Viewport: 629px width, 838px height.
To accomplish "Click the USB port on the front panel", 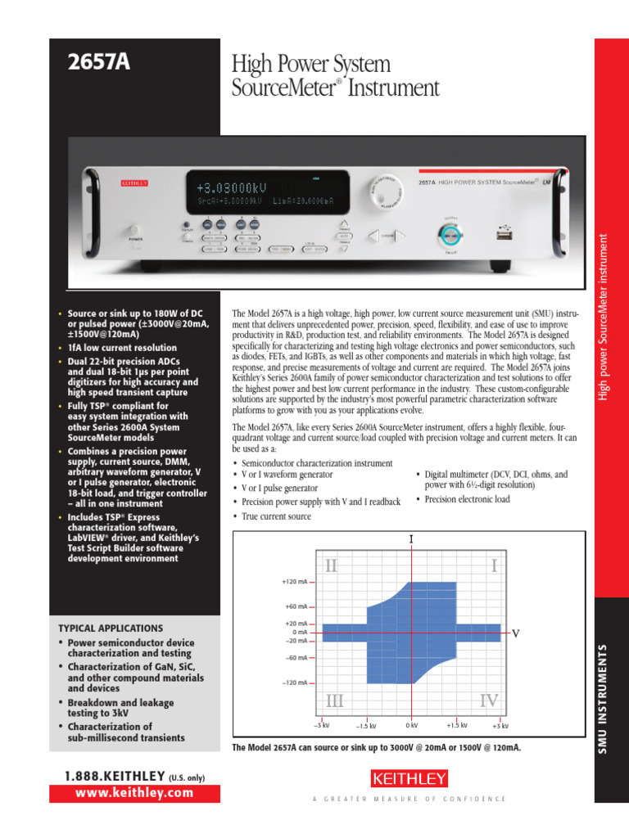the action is click(x=504, y=234).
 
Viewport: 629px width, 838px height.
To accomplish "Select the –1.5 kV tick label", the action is click(x=366, y=726).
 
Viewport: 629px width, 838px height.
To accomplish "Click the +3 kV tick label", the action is click(x=500, y=726).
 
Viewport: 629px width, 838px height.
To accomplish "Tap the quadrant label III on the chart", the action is click(x=334, y=701).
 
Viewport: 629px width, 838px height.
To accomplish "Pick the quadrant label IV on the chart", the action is click(x=488, y=701).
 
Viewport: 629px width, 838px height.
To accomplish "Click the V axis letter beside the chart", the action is click(x=516, y=633).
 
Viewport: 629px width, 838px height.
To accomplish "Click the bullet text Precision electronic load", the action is click(x=468, y=499).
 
